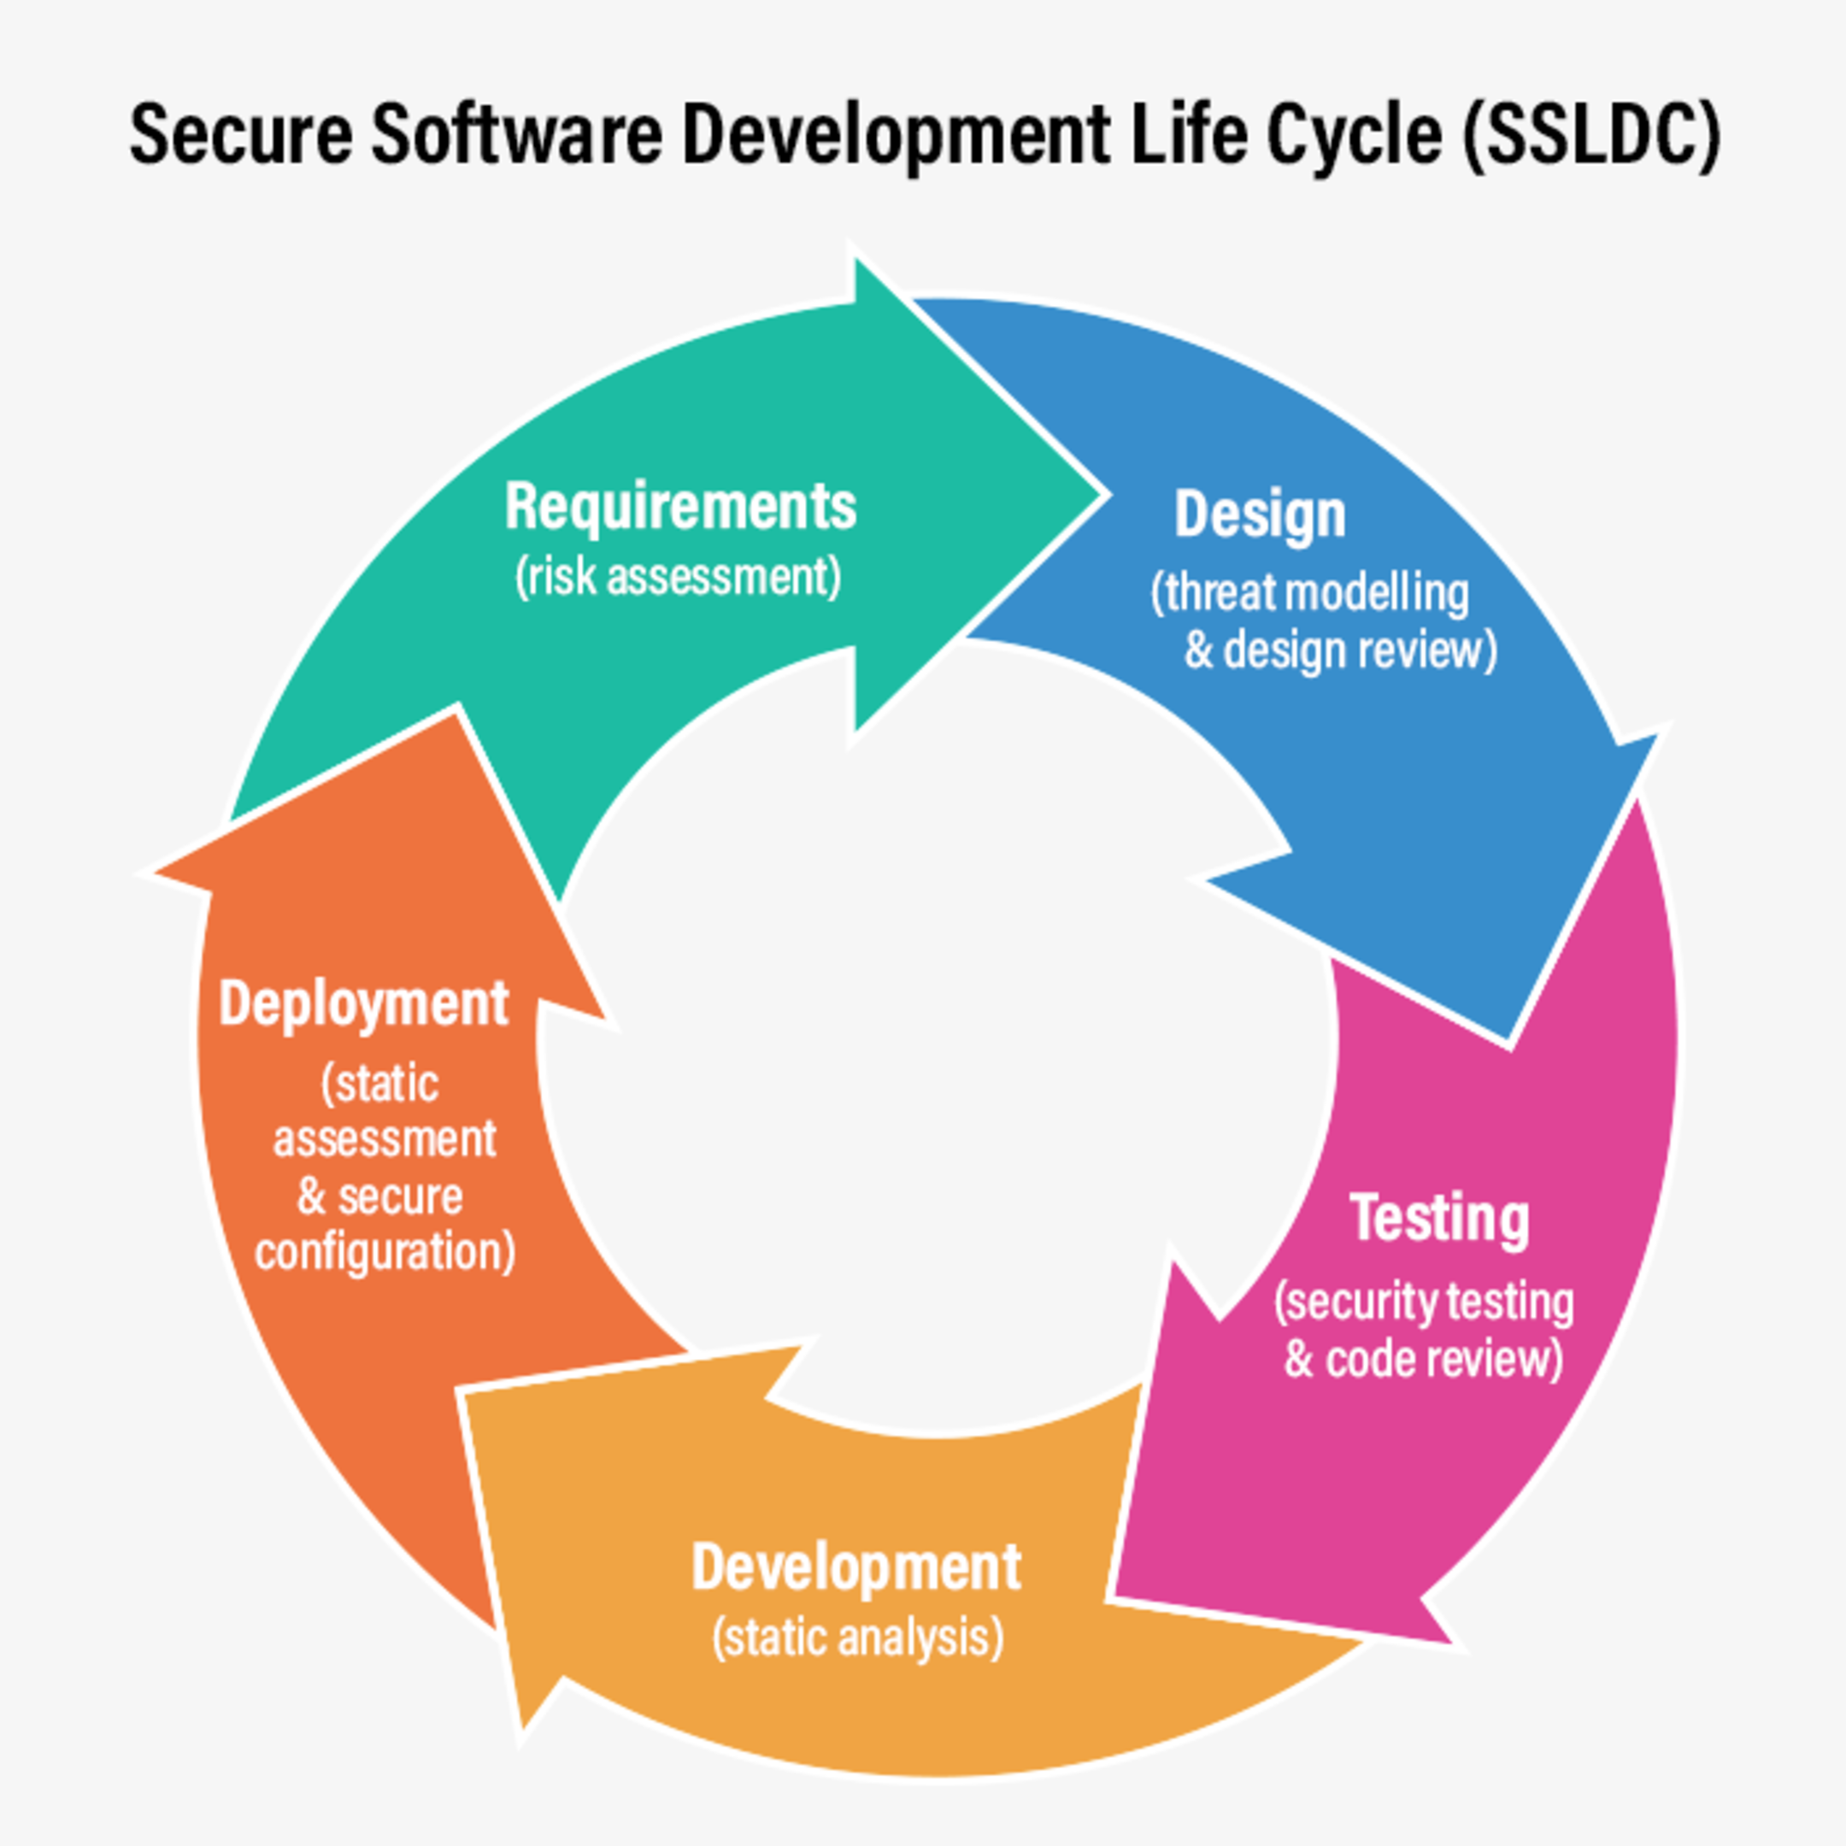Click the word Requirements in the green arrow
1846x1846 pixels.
click(679, 507)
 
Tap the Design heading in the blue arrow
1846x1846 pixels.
click(1260, 515)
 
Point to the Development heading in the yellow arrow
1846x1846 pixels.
click(856, 1568)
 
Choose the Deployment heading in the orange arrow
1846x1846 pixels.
click(363, 1004)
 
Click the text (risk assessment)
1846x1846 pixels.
click(679, 577)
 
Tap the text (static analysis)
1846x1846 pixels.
click(857, 1637)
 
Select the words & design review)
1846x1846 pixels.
click(1339, 650)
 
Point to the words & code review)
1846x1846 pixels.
click(1423, 1360)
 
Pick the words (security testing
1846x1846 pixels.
click(1423, 1302)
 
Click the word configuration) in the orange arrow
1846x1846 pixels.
click(385, 1252)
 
